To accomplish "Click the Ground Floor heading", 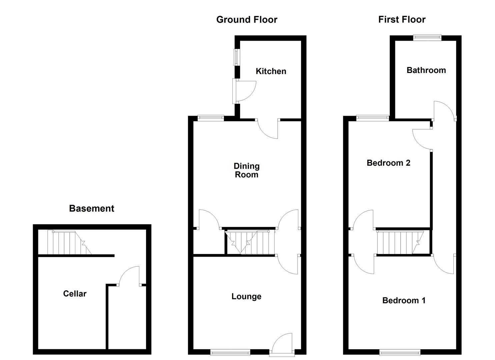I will pyautogui.click(x=247, y=20).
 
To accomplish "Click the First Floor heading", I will pyautogui.click(x=402, y=20).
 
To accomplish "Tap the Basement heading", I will pyautogui.click(x=92, y=209).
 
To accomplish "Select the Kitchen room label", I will pyautogui.click(x=271, y=71).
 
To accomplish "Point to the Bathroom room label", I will pyautogui.click(x=426, y=70).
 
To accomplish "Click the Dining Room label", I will pyautogui.click(x=246, y=170).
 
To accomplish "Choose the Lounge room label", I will pyautogui.click(x=246, y=297).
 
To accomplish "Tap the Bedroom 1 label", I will pyautogui.click(x=404, y=301).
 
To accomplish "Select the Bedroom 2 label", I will pyautogui.click(x=388, y=163).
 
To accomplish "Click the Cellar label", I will pyautogui.click(x=75, y=294).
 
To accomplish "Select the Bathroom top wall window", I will pyautogui.click(x=427, y=38).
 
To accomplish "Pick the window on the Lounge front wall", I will pyautogui.click(x=230, y=352).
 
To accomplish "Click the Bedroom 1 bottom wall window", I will pyautogui.click(x=400, y=352).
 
